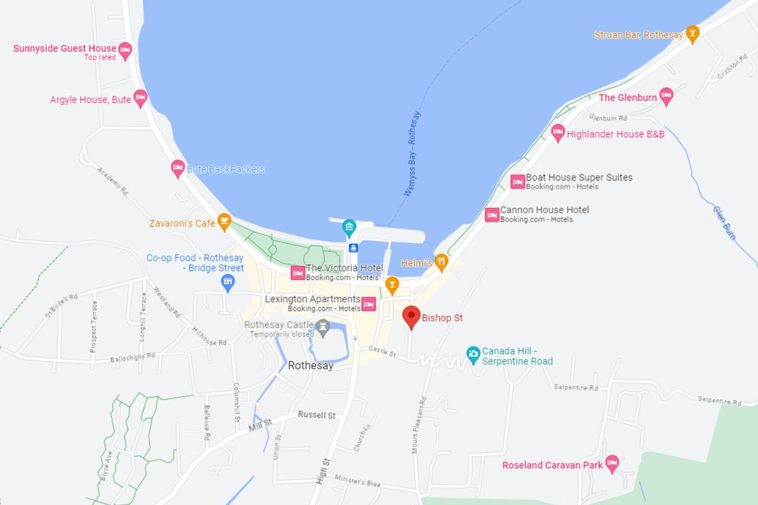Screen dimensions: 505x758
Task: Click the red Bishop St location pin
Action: [412, 316]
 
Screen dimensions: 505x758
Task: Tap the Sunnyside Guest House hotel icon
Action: [126, 50]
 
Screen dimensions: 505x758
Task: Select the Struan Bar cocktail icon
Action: [693, 34]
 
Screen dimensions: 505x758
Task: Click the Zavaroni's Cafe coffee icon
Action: [224, 222]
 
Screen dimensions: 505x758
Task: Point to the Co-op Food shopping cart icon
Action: [229, 283]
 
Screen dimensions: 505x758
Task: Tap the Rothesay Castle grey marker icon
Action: [323, 326]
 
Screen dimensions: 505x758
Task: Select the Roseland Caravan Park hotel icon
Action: [611, 463]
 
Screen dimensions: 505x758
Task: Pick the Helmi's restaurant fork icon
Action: [442, 261]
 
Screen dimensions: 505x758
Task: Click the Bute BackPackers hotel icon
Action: [177, 168]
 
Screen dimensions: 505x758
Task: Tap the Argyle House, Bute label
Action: [90, 100]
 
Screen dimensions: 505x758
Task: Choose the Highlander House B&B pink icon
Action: [557, 133]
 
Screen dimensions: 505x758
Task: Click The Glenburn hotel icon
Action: [666, 96]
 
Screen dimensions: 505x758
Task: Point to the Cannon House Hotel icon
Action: [492, 215]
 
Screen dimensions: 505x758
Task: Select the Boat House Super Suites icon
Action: [518, 182]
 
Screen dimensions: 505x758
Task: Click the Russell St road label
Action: [316, 415]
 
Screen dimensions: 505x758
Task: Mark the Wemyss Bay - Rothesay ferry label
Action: [412, 153]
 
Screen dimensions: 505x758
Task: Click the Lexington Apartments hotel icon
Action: [369, 304]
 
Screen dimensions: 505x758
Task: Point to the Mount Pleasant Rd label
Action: [419, 427]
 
